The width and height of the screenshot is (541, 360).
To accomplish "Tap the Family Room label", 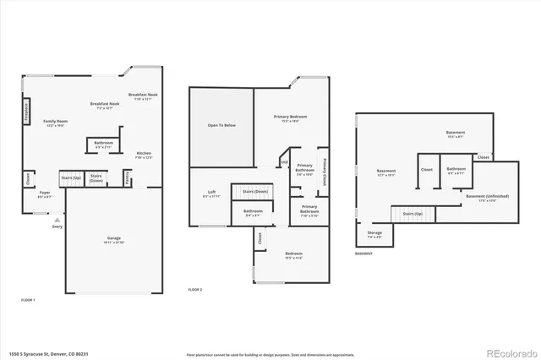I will click(56, 123).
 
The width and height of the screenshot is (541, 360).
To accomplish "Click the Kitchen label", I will click(144, 155).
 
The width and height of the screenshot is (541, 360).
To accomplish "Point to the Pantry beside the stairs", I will click(128, 177).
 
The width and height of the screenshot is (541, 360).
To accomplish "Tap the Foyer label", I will click(45, 194).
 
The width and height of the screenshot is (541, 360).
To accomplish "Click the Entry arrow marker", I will click(57, 220).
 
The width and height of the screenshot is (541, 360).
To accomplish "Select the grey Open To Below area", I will click(221, 126).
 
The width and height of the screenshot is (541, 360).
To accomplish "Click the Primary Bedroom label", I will click(290, 117).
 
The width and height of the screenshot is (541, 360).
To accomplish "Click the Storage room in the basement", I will click(374, 234).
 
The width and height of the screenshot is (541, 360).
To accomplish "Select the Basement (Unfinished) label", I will click(481, 199).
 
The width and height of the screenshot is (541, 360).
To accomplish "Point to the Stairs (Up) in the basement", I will click(413, 214).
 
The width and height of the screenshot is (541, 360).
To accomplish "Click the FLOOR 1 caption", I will click(28, 299).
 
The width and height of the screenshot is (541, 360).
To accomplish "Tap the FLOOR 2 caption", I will click(195, 290).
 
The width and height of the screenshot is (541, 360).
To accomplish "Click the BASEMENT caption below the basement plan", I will click(363, 254).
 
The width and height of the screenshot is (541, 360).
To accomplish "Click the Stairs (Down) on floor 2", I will click(255, 192).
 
